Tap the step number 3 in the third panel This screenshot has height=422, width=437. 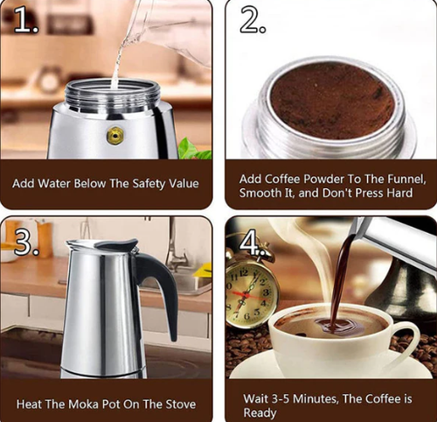25,240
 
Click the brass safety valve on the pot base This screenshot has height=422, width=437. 114,135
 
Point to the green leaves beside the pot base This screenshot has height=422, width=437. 193,151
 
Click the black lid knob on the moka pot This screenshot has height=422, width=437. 121,245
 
